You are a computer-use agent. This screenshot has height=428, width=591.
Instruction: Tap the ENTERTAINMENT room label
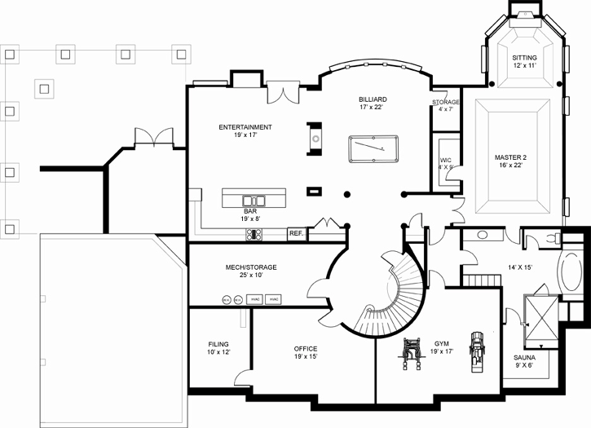click(245, 127)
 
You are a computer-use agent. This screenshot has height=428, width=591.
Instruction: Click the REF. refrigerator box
click(296, 235)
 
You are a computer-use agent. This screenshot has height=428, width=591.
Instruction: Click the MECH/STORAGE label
click(250, 267)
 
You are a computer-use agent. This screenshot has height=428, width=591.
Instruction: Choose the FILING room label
click(218, 344)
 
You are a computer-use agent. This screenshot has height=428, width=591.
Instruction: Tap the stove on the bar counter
click(254, 234)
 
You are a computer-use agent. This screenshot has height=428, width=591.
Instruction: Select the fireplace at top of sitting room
click(523, 12)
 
